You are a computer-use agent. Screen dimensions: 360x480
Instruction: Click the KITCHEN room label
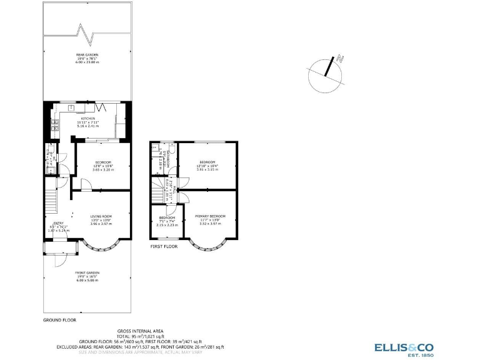pyautogui.click(x=87, y=118)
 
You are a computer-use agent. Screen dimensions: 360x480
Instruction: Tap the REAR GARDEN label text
pyautogui.click(x=87, y=54)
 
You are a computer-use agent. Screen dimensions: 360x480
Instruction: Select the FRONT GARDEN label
pyautogui.click(x=87, y=272)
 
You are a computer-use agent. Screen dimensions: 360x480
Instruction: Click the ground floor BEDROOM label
pyautogui.click(x=103, y=161)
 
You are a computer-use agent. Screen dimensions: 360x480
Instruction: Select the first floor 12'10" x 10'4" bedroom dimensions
pyautogui.click(x=208, y=165)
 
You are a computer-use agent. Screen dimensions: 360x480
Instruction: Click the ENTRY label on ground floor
pyautogui.click(x=58, y=223)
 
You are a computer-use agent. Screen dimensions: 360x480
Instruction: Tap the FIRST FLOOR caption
pyautogui.click(x=164, y=246)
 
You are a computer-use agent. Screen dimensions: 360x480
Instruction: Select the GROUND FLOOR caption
pyautogui.click(x=59, y=319)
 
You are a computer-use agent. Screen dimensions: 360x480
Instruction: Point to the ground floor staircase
pyautogui.click(x=51, y=202)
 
